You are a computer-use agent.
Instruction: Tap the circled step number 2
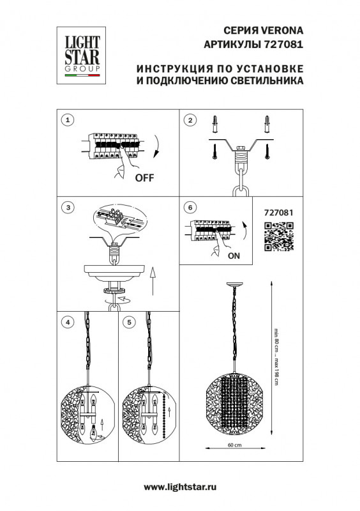[x=190, y=120]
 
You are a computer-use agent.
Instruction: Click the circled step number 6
[x=190, y=208]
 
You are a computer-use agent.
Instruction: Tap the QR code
[x=278, y=236]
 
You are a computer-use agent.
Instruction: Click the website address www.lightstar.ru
[x=179, y=487]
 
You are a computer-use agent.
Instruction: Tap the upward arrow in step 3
[x=153, y=280]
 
